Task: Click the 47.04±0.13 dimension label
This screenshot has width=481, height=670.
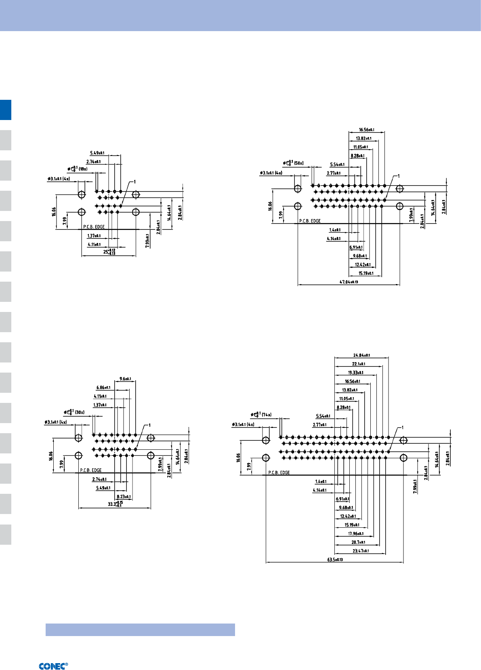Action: (x=349, y=282)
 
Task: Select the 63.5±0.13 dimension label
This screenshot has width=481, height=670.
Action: (x=335, y=559)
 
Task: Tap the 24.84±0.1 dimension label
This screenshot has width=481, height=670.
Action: (x=361, y=355)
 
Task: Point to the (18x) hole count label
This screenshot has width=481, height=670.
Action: (x=83, y=169)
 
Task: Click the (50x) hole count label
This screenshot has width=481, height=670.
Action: (x=298, y=163)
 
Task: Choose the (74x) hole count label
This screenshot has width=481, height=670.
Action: (x=267, y=415)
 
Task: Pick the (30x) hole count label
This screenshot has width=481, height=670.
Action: (x=80, y=412)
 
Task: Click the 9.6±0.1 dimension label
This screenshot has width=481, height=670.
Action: (x=125, y=379)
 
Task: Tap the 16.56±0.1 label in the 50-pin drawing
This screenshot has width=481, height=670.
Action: (x=366, y=130)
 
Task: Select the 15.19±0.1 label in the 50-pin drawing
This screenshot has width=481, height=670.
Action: (x=366, y=273)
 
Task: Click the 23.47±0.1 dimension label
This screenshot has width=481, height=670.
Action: (x=360, y=551)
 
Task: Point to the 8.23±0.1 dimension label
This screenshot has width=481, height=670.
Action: (x=124, y=497)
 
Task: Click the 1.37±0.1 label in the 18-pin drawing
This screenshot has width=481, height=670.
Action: (x=94, y=236)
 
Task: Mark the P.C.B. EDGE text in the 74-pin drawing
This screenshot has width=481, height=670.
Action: (x=279, y=472)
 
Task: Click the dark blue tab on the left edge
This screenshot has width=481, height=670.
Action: (x=6, y=110)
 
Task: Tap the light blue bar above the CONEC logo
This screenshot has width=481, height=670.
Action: (x=140, y=630)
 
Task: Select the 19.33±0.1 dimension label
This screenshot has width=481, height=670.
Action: (x=355, y=373)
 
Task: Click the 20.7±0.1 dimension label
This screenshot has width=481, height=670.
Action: (x=358, y=542)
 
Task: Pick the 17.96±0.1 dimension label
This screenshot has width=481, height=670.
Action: (x=355, y=533)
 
